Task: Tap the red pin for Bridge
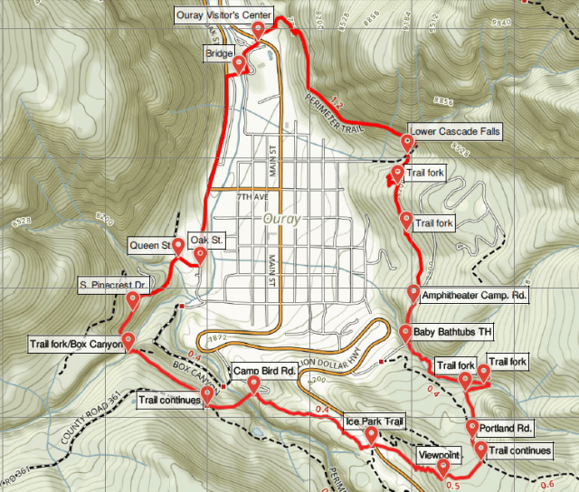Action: (239, 65)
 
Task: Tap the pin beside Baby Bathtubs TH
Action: (405, 333)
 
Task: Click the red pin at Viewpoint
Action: (442, 468)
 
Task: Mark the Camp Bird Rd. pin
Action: (253, 386)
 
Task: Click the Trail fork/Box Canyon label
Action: (75, 344)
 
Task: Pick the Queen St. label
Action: (151, 245)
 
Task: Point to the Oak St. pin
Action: (199, 254)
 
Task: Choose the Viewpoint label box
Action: (441, 454)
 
